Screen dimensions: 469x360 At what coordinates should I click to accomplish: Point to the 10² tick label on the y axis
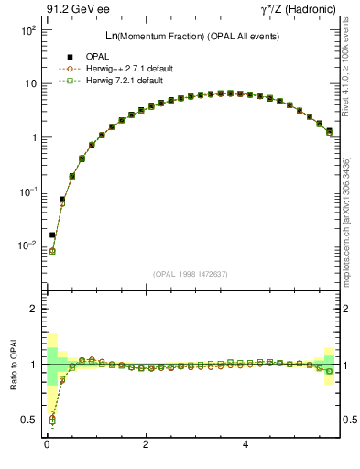(x=27, y=30)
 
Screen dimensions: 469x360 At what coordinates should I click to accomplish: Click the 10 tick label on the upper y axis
(x=30, y=84)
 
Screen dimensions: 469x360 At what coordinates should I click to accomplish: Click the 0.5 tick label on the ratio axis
(x=28, y=420)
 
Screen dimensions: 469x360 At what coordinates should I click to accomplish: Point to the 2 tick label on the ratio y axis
(x=32, y=310)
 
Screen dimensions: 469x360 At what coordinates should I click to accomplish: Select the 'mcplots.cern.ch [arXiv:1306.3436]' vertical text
(x=349, y=208)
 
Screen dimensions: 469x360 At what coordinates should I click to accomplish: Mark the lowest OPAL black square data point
(x=52, y=234)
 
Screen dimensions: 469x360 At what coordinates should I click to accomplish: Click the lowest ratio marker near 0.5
(x=52, y=420)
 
